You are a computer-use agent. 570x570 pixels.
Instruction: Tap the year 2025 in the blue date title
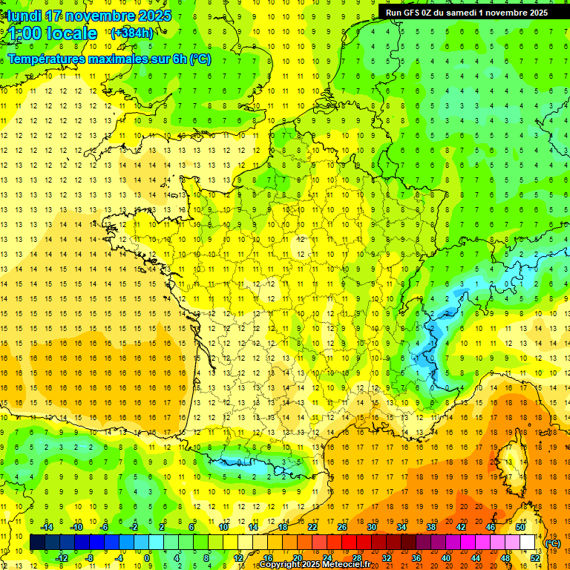[153, 16]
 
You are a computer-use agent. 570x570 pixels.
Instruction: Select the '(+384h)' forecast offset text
[131, 33]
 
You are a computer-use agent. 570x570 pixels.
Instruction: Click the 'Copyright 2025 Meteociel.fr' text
[315, 565]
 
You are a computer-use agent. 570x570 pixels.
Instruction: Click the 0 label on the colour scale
[147, 558]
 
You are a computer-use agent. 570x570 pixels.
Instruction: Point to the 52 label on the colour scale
[535, 558]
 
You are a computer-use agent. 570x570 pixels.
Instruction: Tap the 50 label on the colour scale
[520, 527]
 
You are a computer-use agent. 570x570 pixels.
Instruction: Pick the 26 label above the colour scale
[342, 527]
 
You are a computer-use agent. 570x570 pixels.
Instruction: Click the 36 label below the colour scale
[416, 558]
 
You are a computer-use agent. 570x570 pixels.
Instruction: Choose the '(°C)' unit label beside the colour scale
[554, 543]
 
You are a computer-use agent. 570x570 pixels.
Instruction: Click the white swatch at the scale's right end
[528, 543]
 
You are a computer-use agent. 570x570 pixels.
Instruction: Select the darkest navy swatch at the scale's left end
[37, 543]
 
